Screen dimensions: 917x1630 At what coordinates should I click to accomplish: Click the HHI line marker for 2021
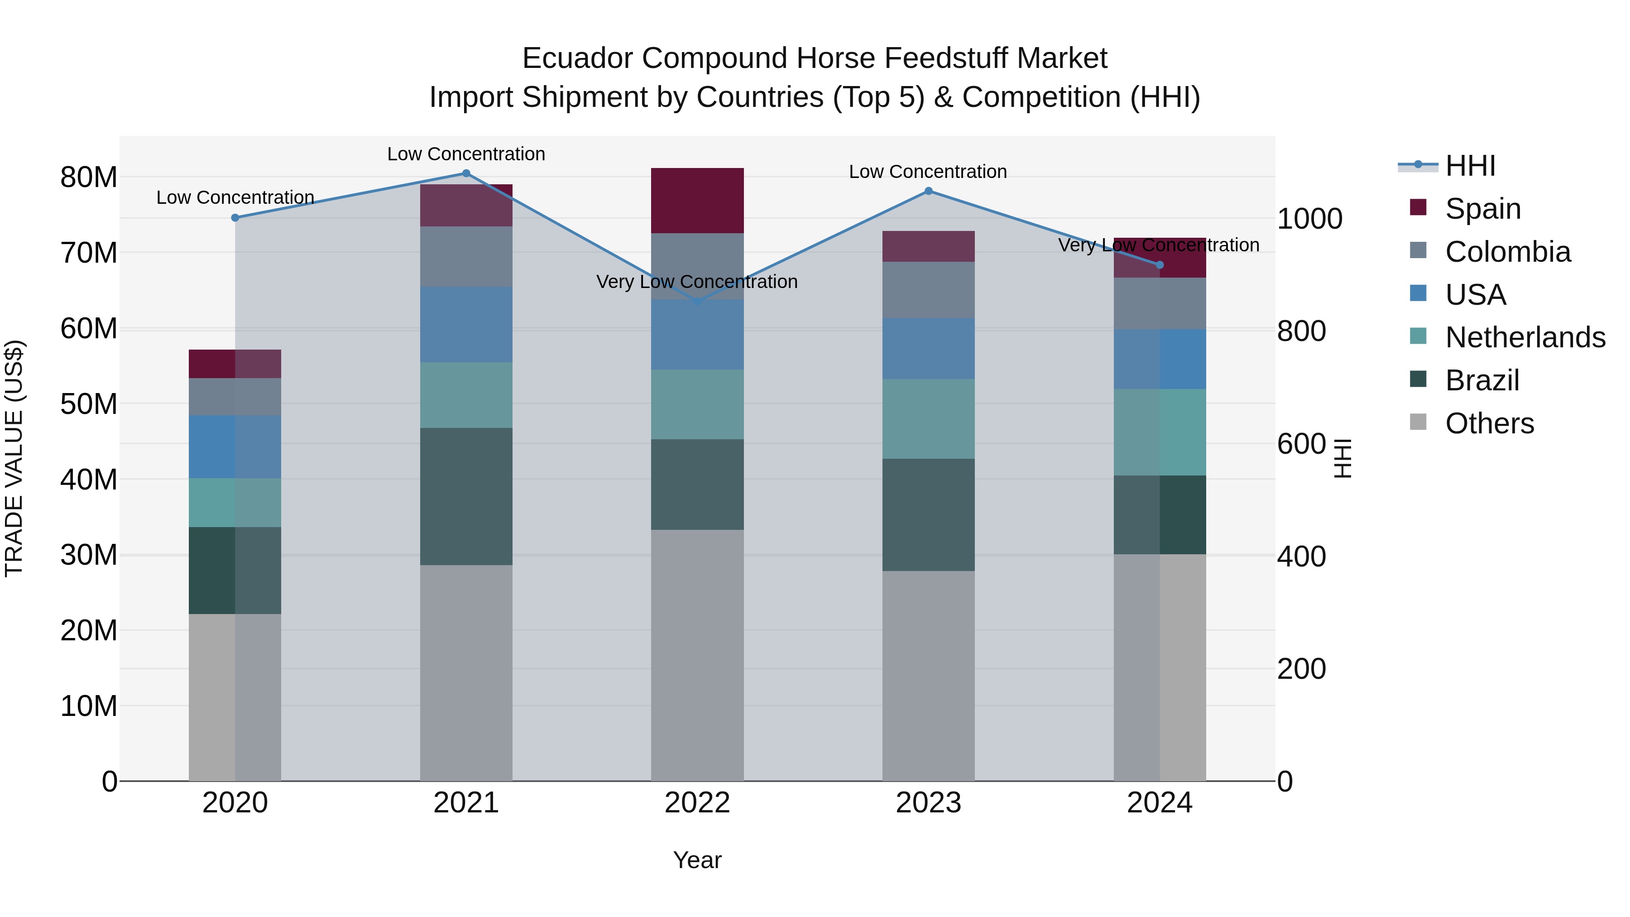466,173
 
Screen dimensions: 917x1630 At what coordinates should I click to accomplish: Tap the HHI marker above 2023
928,191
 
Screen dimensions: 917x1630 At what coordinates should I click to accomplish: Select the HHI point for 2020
235,218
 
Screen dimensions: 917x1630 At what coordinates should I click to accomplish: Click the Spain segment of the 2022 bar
697,201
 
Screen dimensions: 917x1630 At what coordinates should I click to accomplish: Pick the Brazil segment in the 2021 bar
466,496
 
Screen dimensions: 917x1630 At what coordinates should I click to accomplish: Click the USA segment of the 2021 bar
466,324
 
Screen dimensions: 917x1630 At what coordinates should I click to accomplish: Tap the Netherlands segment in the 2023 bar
928,418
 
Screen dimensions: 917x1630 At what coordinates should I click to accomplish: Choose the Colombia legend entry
1507,252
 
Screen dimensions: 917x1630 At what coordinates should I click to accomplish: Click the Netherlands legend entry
1525,337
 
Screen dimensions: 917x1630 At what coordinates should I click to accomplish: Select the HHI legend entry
1470,166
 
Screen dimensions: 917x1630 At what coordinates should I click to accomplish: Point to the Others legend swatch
1419,422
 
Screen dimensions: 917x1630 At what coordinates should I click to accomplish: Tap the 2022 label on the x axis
697,803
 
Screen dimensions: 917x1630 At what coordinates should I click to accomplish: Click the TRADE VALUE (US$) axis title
14,458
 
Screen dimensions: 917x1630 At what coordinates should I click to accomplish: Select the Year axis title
697,860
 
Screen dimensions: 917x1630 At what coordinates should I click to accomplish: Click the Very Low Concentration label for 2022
697,282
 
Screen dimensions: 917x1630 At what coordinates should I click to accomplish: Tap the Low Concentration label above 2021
466,154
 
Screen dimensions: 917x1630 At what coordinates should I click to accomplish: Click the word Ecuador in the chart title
577,58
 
